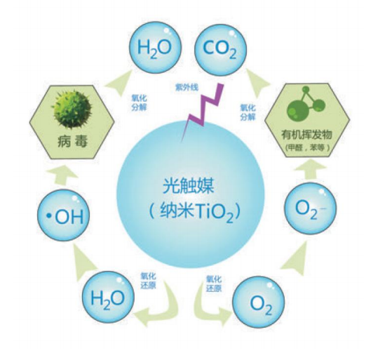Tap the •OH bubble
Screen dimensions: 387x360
click(x=64, y=215)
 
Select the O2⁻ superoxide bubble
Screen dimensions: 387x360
click(x=310, y=208)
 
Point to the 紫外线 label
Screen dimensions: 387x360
click(x=186, y=87)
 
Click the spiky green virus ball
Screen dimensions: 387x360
click(x=72, y=109)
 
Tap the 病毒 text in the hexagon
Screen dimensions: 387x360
click(x=72, y=141)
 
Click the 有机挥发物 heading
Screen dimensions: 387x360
click(x=307, y=135)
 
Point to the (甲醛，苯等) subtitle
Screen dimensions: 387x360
click(x=307, y=147)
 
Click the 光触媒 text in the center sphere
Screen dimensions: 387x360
click(x=188, y=186)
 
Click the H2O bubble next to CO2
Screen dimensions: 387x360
click(x=155, y=48)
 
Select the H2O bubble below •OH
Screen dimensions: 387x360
click(x=108, y=297)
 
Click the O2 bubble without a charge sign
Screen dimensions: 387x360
click(x=259, y=302)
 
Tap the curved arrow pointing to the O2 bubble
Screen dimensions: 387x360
click(x=208, y=307)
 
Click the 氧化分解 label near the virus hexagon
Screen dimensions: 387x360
click(x=139, y=102)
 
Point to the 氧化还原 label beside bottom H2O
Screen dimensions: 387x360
click(x=149, y=281)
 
